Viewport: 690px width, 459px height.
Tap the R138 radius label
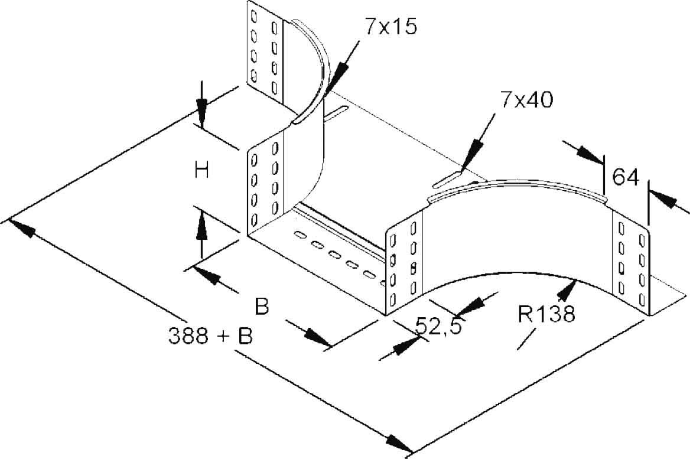click(546, 314)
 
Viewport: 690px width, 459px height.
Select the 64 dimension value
click(626, 177)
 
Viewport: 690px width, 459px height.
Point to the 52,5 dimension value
click(438, 325)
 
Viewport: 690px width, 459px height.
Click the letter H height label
click(202, 171)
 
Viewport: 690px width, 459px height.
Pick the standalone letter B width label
click(262, 307)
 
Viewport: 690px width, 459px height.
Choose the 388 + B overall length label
click(211, 336)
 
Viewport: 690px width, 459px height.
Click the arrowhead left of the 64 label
click(591, 155)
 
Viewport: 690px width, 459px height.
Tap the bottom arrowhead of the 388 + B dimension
click(399, 443)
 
